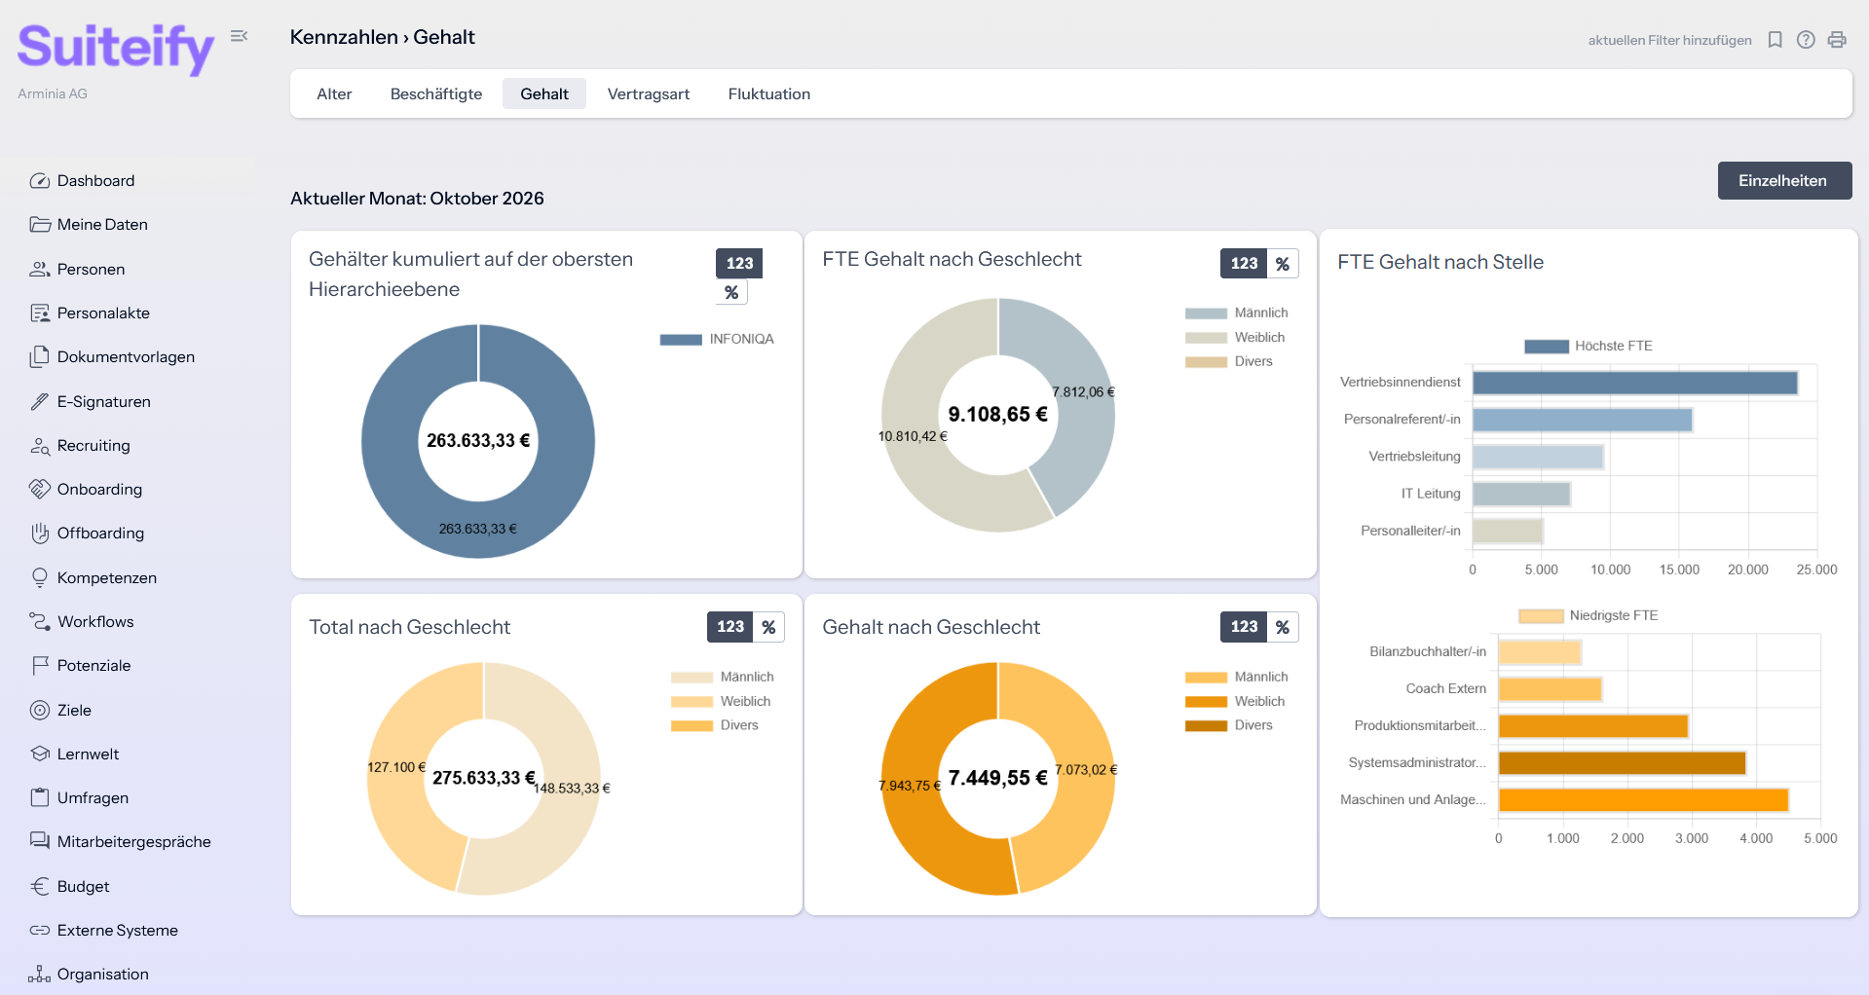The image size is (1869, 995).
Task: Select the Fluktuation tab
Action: tap(768, 93)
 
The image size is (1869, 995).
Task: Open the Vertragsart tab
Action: tap(649, 93)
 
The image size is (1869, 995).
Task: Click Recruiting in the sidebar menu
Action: tap(93, 445)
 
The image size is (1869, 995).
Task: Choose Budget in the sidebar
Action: tap(83, 886)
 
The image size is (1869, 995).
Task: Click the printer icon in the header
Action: tap(1837, 40)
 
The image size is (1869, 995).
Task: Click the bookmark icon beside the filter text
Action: tap(1775, 40)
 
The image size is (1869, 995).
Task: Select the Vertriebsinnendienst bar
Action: tap(1634, 383)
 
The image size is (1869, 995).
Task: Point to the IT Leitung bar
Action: tap(1520, 494)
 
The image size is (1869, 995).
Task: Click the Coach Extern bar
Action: tap(1550, 689)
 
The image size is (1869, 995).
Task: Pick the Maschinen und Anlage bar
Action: tap(1643, 800)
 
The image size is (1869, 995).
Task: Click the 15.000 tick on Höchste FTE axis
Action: tap(1679, 570)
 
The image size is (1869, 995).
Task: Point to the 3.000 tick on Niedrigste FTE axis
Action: tap(1692, 838)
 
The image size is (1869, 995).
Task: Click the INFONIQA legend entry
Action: tap(717, 339)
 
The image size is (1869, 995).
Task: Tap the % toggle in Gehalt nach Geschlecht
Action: tap(1283, 627)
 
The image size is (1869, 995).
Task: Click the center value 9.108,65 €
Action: tap(997, 414)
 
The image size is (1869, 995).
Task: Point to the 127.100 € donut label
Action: tap(396, 767)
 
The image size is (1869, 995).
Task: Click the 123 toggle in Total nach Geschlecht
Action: tap(730, 627)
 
